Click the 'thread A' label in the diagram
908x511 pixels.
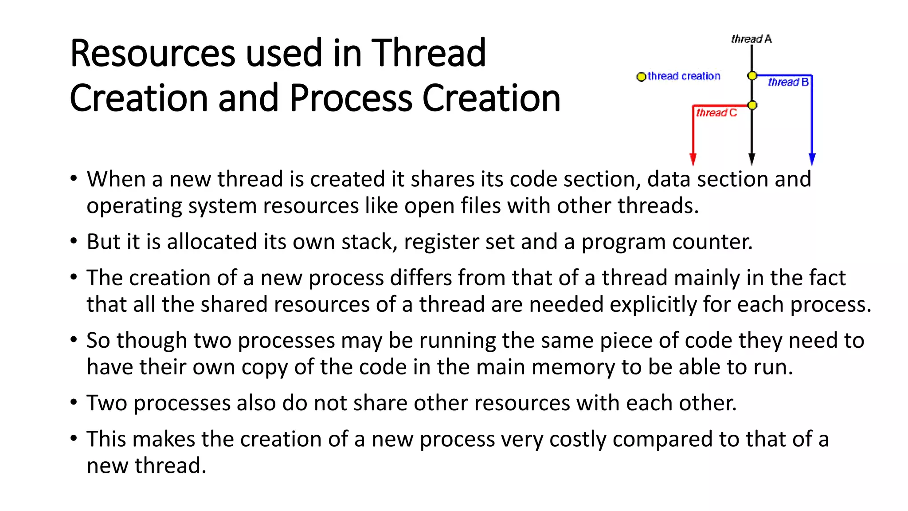click(751, 39)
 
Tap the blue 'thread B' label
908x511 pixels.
click(788, 82)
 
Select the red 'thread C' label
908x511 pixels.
click(716, 113)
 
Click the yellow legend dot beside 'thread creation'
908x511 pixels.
click(641, 77)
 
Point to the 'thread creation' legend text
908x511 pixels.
click(684, 76)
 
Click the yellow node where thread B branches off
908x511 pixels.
click(752, 76)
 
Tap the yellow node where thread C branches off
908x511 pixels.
click(752, 105)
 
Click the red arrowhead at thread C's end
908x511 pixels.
click(693, 159)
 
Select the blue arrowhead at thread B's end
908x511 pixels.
click(812, 159)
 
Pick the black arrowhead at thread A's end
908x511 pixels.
click(751, 159)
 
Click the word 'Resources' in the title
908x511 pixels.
click(152, 53)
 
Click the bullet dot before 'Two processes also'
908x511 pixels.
click(74, 402)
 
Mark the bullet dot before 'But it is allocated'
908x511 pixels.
click(74, 241)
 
